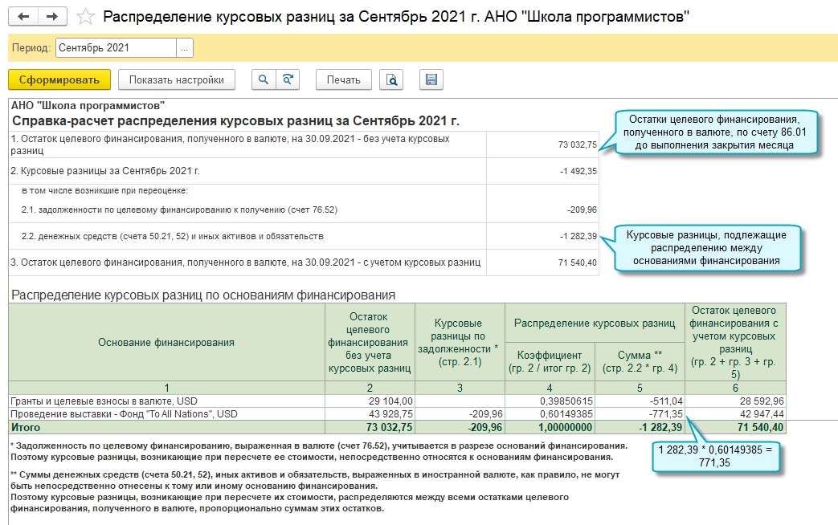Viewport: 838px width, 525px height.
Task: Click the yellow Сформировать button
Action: click(59, 79)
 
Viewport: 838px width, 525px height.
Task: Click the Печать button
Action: click(344, 79)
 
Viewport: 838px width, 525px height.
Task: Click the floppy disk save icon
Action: click(431, 79)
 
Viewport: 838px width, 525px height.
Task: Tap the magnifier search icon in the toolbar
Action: click(263, 79)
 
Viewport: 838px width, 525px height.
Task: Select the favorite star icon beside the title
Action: click(84, 17)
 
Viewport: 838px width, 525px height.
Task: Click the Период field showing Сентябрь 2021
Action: click(115, 48)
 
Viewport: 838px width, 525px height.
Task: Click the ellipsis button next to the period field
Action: click(185, 48)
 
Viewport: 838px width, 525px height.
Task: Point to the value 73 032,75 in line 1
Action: click(577, 145)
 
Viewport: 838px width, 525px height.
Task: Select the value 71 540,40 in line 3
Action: click(577, 262)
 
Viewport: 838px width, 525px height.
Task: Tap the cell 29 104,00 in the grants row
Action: click(390, 401)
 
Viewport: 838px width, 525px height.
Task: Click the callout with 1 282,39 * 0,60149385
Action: click(714, 457)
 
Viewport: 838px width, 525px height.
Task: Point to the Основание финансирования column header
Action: click(166, 342)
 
